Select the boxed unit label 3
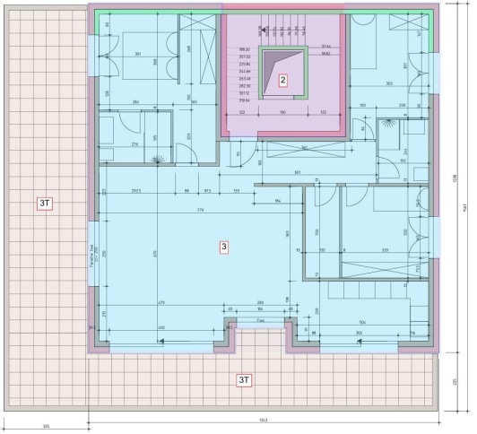pos(224,245)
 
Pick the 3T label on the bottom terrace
pos(244,380)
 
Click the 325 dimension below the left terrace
pos(44,424)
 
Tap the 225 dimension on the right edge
pos(455,380)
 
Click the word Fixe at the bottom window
pos(259,318)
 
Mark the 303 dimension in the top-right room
pos(389,84)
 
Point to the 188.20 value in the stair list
pos(244,48)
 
